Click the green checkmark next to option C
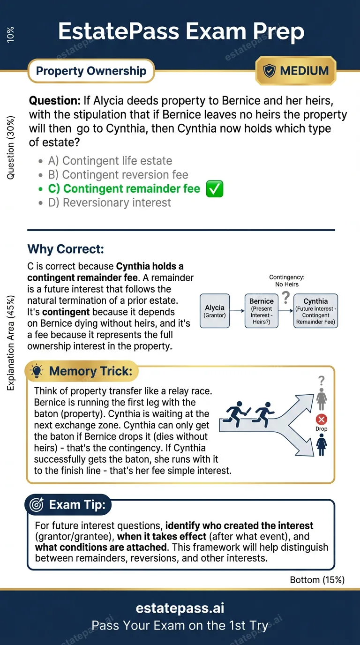click(215, 189)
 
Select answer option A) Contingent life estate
click(110, 161)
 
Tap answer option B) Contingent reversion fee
click(118, 175)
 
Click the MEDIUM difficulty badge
click(296, 71)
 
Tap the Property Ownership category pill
click(91, 71)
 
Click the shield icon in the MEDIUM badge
click(270, 71)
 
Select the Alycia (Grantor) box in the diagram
click(215, 311)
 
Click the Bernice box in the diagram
click(261, 311)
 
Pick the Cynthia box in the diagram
click(315, 311)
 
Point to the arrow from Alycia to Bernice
click(238, 311)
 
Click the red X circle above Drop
click(322, 420)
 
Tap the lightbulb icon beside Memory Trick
click(36, 372)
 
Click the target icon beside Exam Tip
click(36, 505)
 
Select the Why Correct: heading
click(66, 248)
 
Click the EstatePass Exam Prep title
click(180, 32)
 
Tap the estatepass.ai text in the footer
click(180, 608)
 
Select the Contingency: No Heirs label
click(287, 281)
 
